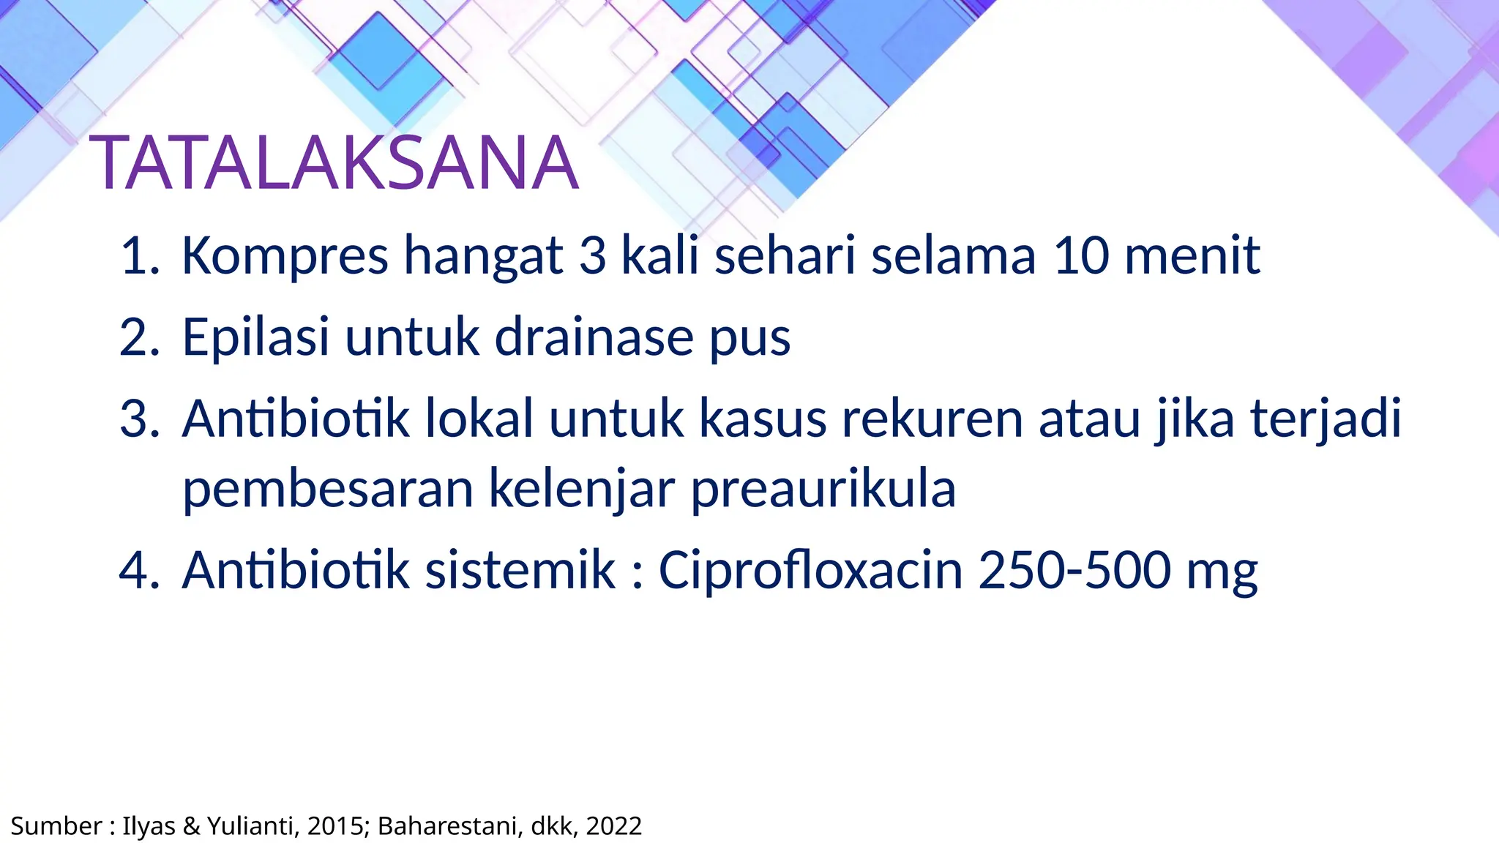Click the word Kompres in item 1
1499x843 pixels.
pos(285,256)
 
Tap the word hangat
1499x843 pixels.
pos(483,256)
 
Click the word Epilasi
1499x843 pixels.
pos(255,337)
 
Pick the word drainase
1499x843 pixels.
pos(594,337)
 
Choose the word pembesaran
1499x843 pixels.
pos(328,490)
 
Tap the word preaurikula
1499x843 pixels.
pos(823,490)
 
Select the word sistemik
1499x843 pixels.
pos(520,570)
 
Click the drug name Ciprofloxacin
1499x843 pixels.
pos(810,570)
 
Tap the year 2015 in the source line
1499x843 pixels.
pos(333,826)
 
